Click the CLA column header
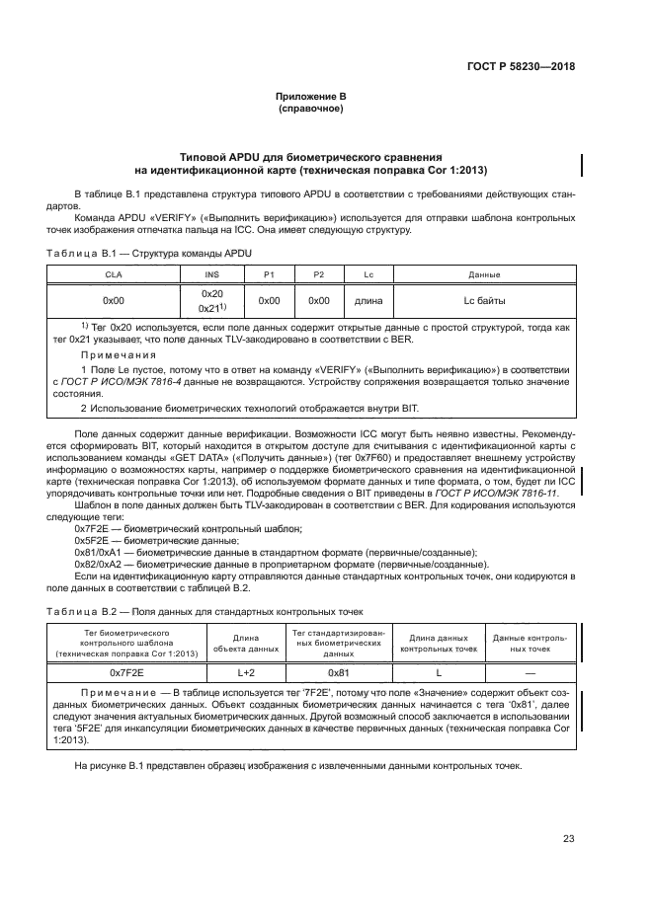pos(114,274)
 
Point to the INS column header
pos(211,274)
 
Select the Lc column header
pos(367,274)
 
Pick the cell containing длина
pos(367,299)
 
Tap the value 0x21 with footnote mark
pos(210,308)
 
